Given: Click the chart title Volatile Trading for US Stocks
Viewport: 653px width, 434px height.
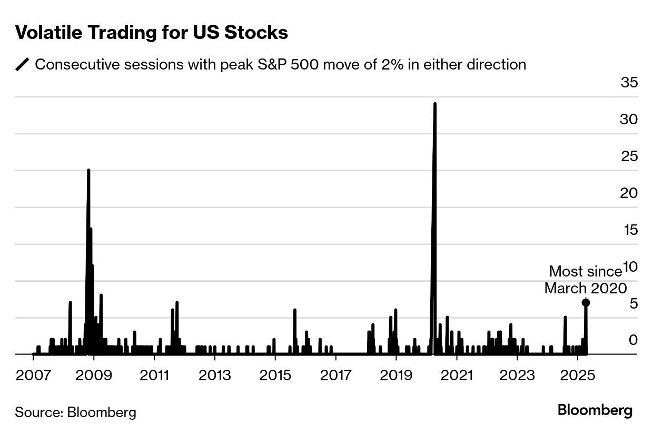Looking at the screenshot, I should tap(152, 33).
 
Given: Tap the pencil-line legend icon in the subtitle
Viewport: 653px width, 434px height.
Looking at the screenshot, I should tap(23, 65).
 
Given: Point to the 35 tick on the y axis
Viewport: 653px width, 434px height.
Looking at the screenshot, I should tap(628, 83).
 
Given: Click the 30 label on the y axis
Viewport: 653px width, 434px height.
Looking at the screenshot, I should tap(628, 120).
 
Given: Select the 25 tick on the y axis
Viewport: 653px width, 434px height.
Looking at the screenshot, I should tap(628, 156).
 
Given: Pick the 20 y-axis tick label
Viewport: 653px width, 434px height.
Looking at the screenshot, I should tap(628, 193).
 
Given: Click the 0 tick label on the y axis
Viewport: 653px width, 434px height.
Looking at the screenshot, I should tap(632, 340).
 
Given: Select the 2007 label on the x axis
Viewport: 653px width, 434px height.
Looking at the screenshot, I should tap(33, 376).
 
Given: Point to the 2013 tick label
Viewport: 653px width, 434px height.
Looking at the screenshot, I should tap(215, 376).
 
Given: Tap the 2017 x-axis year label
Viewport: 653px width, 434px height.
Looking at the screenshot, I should tap(335, 376).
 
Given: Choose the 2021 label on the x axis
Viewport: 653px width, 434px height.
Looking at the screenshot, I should tap(457, 376).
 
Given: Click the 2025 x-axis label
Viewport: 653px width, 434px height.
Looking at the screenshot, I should tap(578, 376).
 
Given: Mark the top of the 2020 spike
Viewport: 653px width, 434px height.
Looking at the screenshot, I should tap(434, 104).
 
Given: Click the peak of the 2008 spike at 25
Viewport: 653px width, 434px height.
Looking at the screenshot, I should tap(88, 170).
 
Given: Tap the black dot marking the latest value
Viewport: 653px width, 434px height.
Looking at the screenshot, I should tap(586, 302).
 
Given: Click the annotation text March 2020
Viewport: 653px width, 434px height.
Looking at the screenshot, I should tap(585, 289).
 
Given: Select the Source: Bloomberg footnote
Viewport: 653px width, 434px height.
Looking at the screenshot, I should tap(75, 412).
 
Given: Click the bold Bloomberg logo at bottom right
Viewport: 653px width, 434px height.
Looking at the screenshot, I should tap(595, 410).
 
